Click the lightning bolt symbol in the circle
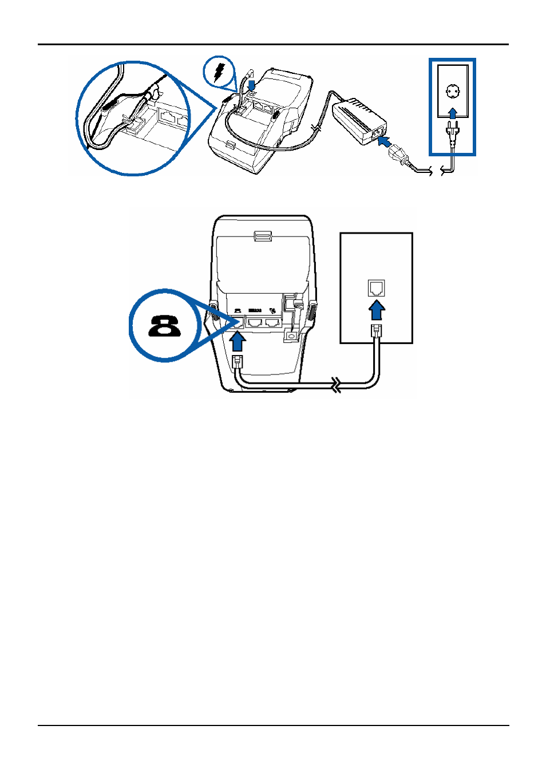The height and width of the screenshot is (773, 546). [x=219, y=72]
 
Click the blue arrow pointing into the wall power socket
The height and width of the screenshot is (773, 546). [x=453, y=112]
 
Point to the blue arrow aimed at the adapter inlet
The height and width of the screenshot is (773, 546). [x=386, y=141]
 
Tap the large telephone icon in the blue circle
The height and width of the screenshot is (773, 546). [x=165, y=326]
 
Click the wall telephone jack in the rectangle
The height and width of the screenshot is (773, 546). [x=376, y=287]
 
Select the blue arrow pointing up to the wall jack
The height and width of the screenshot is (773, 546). [x=376, y=313]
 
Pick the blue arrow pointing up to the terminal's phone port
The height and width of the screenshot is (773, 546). [x=238, y=342]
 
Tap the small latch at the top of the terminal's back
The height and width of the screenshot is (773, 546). [x=262, y=235]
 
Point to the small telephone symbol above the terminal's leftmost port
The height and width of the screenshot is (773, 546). [x=238, y=310]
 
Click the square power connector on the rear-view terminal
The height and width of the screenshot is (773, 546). [x=291, y=336]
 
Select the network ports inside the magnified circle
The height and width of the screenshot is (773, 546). [x=172, y=117]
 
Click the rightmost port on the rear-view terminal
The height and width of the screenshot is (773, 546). [x=273, y=322]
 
